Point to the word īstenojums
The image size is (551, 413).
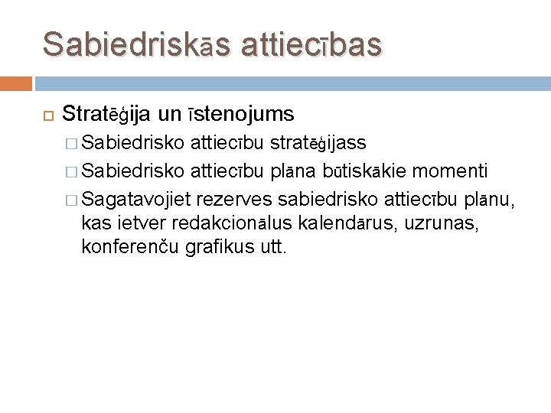coord(238,115)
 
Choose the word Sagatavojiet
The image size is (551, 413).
coord(137,200)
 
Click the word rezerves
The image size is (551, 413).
coord(237,200)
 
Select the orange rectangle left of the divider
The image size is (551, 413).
coord(15,83)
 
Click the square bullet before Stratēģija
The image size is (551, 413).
coord(47,115)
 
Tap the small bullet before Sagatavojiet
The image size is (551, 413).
coord(72,200)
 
